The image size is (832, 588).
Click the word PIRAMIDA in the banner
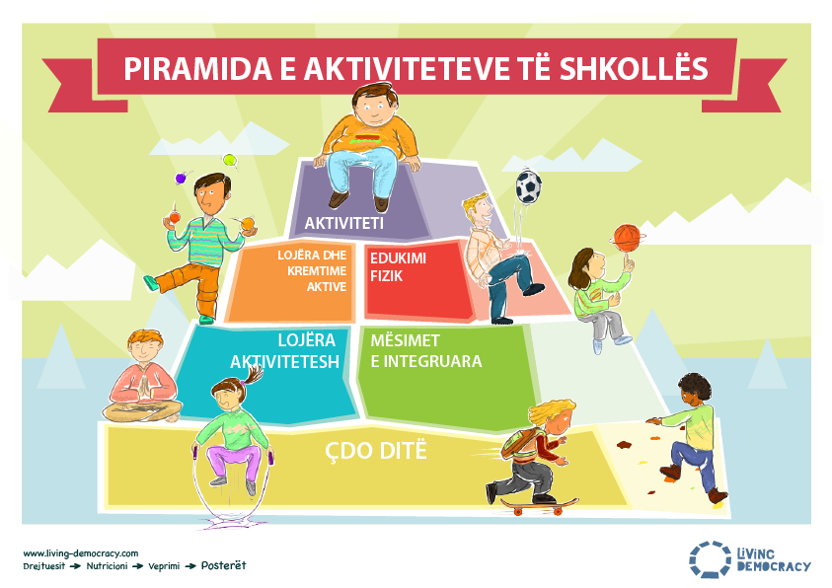click(198, 69)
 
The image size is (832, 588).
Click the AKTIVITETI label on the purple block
click(343, 223)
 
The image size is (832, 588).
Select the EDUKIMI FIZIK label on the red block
click(398, 267)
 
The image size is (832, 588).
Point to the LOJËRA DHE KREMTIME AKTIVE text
click(312, 271)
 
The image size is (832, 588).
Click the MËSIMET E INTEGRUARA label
click(426, 351)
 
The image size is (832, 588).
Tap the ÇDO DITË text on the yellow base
click(376, 451)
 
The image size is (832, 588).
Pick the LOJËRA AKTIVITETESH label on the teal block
click(284, 351)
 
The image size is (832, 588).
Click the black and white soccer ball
click(528, 187)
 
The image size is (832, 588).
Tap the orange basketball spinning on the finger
click(627, 238)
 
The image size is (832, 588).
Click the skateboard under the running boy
click(539, 506)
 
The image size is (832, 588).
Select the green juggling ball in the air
click(229, 160)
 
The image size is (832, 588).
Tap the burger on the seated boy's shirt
click(365, 139)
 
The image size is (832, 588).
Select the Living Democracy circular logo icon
click(710, 558)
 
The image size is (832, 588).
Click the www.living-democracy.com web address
click(81, 553)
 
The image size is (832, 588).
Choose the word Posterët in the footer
click(223, 565)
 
